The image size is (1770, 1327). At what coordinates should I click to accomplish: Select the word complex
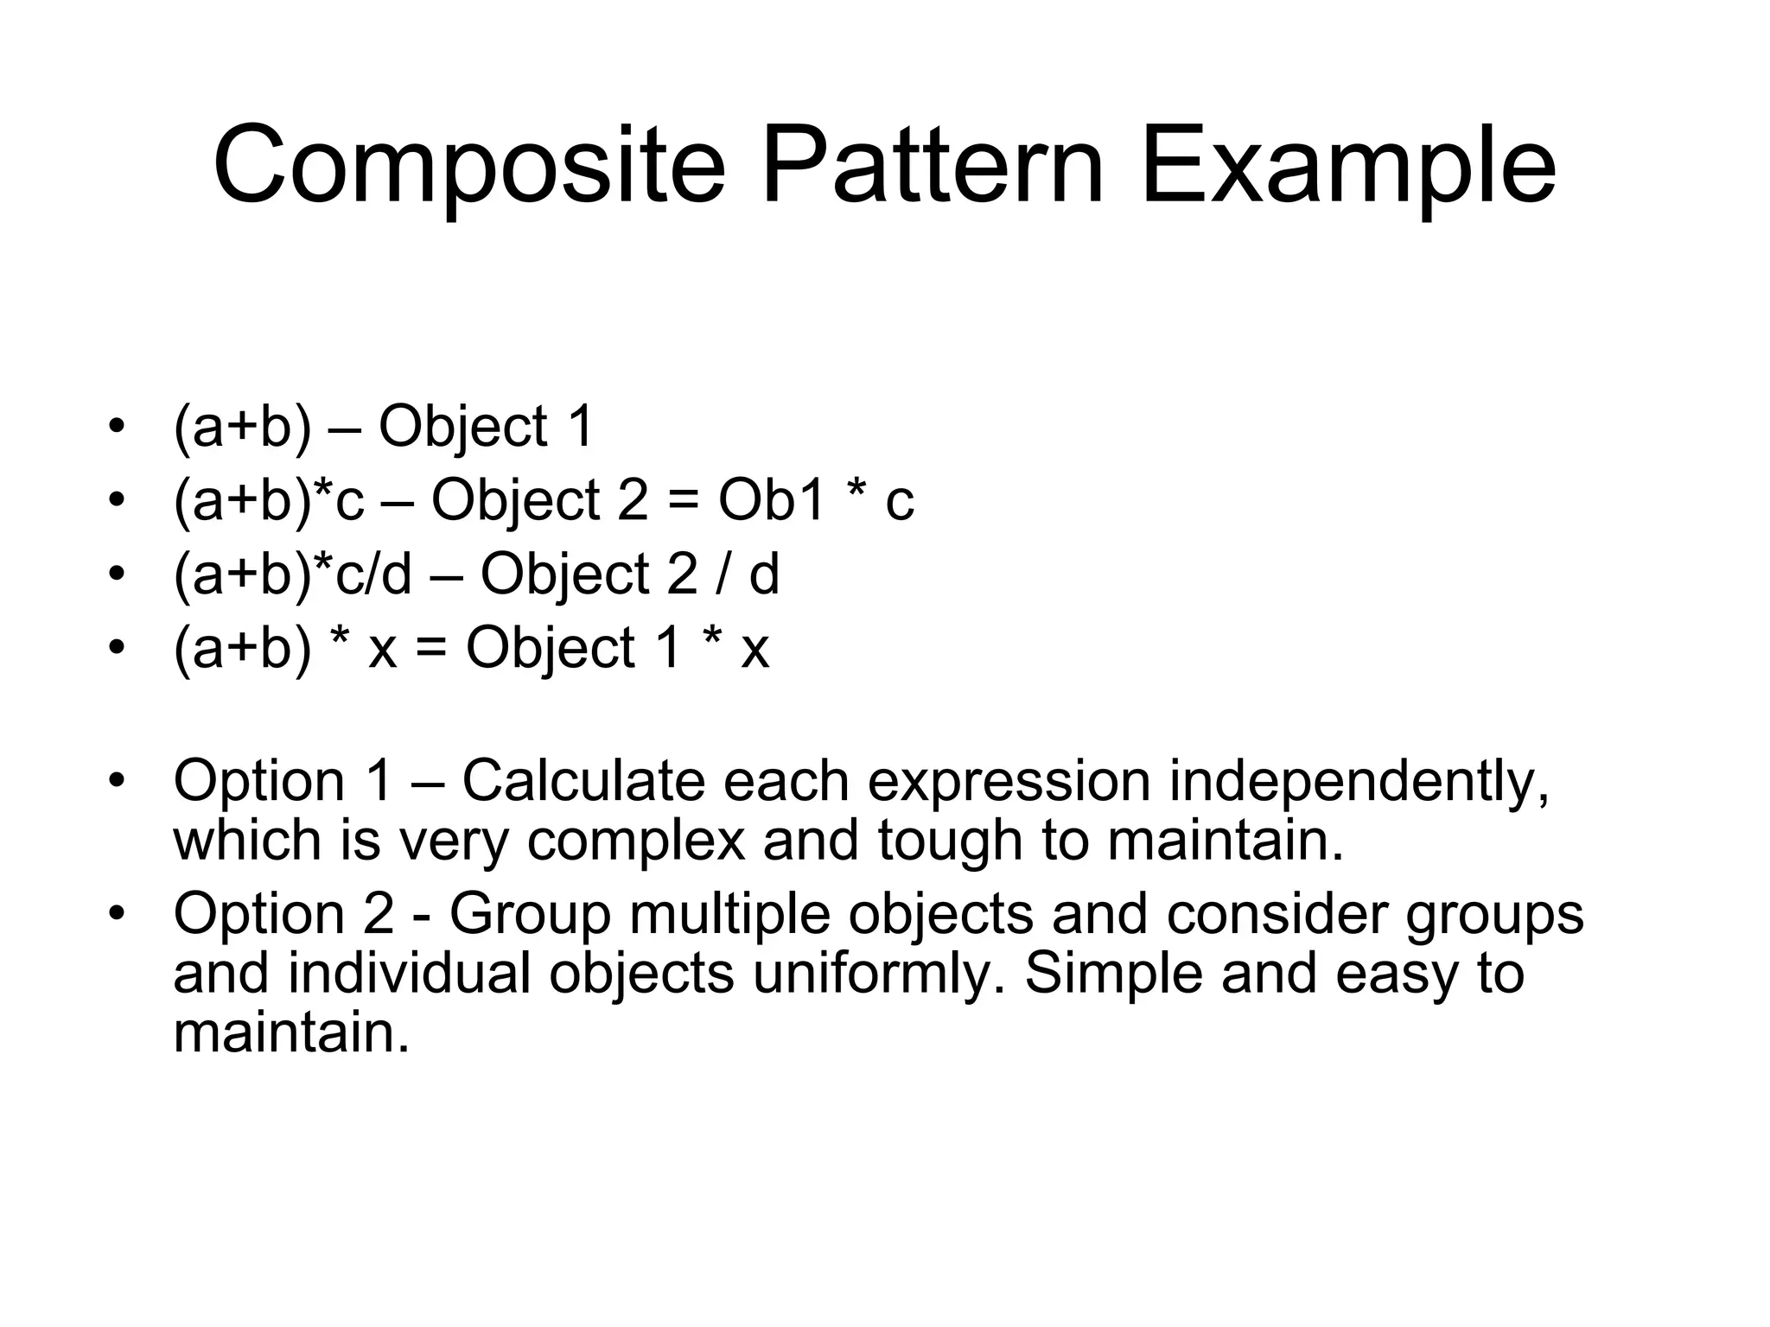(635, 840)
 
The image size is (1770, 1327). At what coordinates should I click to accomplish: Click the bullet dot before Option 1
(118, 779)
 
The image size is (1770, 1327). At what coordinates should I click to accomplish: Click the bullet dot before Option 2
(118, 912)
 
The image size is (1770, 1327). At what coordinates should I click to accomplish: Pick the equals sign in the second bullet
(683, 502)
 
